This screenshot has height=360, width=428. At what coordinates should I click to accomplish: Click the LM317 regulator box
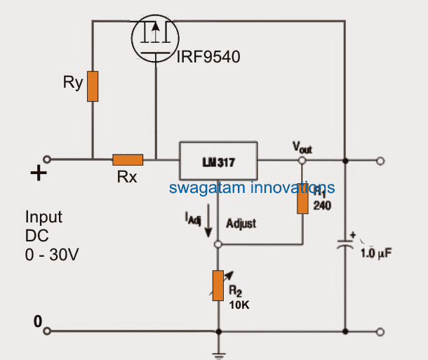(218, 161)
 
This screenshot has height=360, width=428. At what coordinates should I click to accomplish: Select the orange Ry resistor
(92, 86)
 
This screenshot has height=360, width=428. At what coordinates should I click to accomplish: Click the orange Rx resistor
(128, 160)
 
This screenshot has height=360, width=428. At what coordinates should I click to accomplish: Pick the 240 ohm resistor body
(302, 199)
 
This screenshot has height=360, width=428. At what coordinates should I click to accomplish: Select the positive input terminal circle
(48, 159)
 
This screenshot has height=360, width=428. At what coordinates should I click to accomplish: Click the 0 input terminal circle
(48, 330)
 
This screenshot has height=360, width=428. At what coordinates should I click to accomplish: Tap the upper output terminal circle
(380, 161)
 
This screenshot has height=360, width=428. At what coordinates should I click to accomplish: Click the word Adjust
(241, 223)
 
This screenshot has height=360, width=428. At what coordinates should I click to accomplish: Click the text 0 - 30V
(52, 255)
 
